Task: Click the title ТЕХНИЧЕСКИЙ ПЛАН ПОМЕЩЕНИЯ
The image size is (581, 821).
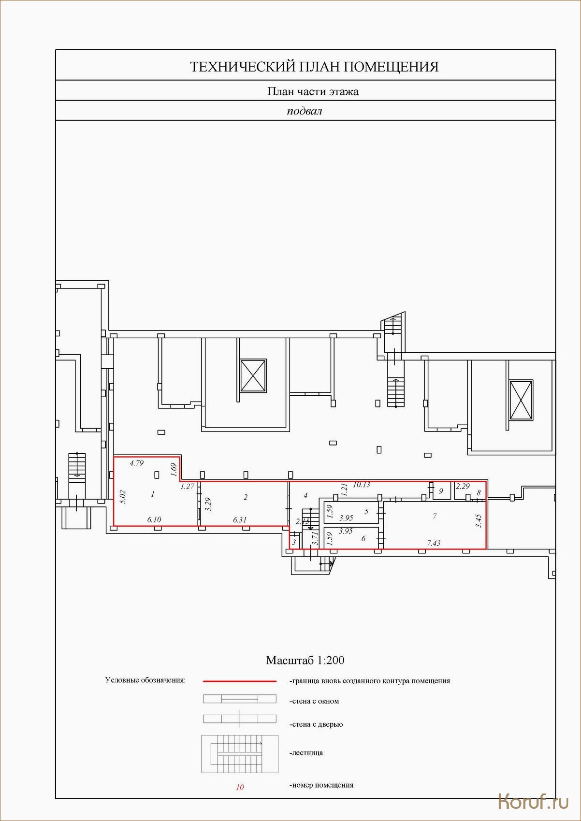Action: pyautogui.click(x=314, y=67)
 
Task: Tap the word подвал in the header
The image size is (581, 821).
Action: pyautogui.click(x=304, y=111)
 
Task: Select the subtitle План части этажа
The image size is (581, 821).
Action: pyautogui.click(x=313, y=91)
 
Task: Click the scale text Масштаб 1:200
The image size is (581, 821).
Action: pyautogui.click(x=305, y=660)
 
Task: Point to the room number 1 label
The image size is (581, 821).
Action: pyautogui.click(x=152, y=494)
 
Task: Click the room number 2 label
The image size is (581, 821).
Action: pyautogui.click(x=245, y=497)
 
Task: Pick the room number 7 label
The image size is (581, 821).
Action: pyautogui.click(x=435, y=516)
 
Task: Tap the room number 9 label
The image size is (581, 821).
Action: pyautogui.click(x=441, y=491)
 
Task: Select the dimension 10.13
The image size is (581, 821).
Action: pyautogui.click(x=362, y=485)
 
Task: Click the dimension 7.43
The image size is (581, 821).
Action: pyautogui.click(x=434, y=543)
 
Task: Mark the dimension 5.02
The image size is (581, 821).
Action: pyautogui.click(x=123, y=497)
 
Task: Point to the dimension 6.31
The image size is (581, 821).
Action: pyautogui.click(x=240, y=520)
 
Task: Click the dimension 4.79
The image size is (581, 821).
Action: pyautogui.click(x=136, y=463)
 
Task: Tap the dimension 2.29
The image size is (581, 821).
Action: pyautogui.click(x=463, y=487)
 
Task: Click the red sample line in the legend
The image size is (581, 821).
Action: pyautogui.click(x=240, y=681)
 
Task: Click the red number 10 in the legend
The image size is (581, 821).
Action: pyautogui.click(x=240, y=787)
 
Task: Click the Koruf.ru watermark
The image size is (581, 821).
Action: pyautogui.click(x=533, y=802)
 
